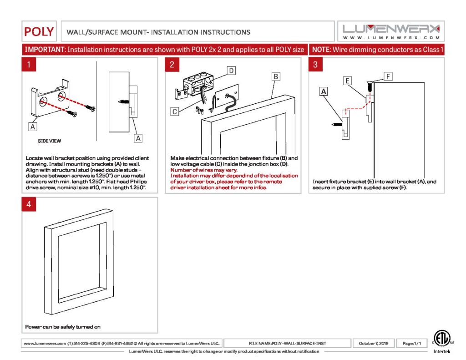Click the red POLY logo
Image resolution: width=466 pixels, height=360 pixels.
click(x=39, y=31)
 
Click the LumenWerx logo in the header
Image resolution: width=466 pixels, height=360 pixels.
click(x=391, y=31)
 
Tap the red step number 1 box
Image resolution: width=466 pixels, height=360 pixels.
click(x=29, y=65)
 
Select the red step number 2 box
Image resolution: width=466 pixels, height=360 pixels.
click(x=172, y=65)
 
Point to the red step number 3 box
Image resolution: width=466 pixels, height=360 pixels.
click(x=316, y=65)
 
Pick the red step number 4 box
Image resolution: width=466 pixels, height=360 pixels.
click(x=29, y=204)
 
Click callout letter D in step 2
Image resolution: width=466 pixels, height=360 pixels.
click(x=231, y=71)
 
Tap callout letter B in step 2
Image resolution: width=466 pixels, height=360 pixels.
click(x=276, y=76)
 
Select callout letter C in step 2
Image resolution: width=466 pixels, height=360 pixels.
click(x=174, y=112)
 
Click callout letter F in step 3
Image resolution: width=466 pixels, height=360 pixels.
click(x=388, y=76)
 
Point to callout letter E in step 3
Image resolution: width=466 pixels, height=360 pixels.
click(x=347, y=81)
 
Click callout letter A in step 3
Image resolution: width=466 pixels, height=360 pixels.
click(x=324, y=91)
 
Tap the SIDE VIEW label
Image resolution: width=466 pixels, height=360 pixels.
click(x=49, y=141)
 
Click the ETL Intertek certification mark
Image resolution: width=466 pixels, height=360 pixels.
click(x=441, y=342)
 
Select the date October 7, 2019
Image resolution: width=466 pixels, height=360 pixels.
click(x=374, y=343)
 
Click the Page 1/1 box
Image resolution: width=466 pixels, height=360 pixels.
click(x=411, y=343)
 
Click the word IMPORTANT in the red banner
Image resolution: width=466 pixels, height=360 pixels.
click(x=45, y=49)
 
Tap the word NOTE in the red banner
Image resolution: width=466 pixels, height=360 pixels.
click(x=321, y=49)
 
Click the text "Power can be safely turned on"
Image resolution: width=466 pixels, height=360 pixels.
click(x=63, y=327)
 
